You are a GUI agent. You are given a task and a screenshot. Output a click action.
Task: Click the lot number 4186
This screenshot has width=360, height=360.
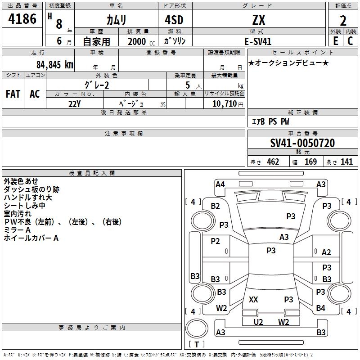(x=22, y=19)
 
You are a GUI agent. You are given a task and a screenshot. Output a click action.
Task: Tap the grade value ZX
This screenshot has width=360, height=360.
(x=258, y=20)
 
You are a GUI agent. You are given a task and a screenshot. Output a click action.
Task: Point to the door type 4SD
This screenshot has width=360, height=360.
(x=174, y=20)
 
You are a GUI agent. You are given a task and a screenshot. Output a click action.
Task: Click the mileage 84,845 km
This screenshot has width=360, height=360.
(x=54, y=64)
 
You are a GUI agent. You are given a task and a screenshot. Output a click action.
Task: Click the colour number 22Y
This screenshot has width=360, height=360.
(x=75, y=103)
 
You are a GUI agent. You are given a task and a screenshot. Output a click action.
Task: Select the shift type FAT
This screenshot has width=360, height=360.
(x=13, y=94)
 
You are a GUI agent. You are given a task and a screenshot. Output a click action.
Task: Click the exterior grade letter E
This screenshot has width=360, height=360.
(x=335, y=41)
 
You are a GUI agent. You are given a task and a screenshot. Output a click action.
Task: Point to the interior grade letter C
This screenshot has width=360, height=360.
(x=350, y=41)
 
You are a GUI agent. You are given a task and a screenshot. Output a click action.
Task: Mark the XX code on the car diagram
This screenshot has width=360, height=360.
(x=253, y=299)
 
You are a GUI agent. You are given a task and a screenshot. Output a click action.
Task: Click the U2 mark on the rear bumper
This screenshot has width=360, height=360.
(x=258, y=322)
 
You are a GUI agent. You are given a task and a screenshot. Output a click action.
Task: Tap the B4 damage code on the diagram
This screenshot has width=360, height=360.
(x=320, y=308)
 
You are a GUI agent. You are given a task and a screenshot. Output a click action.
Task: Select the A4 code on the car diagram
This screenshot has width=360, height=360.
(x=220, y=184)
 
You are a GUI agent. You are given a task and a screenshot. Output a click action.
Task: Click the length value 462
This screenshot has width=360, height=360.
(x=273, y=162)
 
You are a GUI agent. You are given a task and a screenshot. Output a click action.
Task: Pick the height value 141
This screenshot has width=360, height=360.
(x=346, y=162)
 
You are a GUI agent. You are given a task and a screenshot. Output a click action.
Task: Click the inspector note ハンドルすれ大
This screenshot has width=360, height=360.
(x=28, y=198)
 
